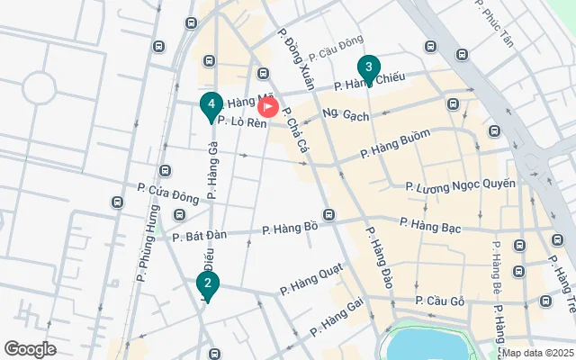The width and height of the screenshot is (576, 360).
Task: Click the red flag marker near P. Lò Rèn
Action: [268, 107]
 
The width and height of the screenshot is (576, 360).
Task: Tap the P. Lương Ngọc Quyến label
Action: [461, 185]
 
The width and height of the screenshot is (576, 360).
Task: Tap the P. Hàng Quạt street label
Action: [310, 285]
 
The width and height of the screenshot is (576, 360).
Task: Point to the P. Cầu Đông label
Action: [336, 46]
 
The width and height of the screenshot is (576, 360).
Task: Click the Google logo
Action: [30, 348]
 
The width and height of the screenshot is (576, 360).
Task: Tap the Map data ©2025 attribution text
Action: [537, 353]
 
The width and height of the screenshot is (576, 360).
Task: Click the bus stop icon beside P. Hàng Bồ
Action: [329, 215]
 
